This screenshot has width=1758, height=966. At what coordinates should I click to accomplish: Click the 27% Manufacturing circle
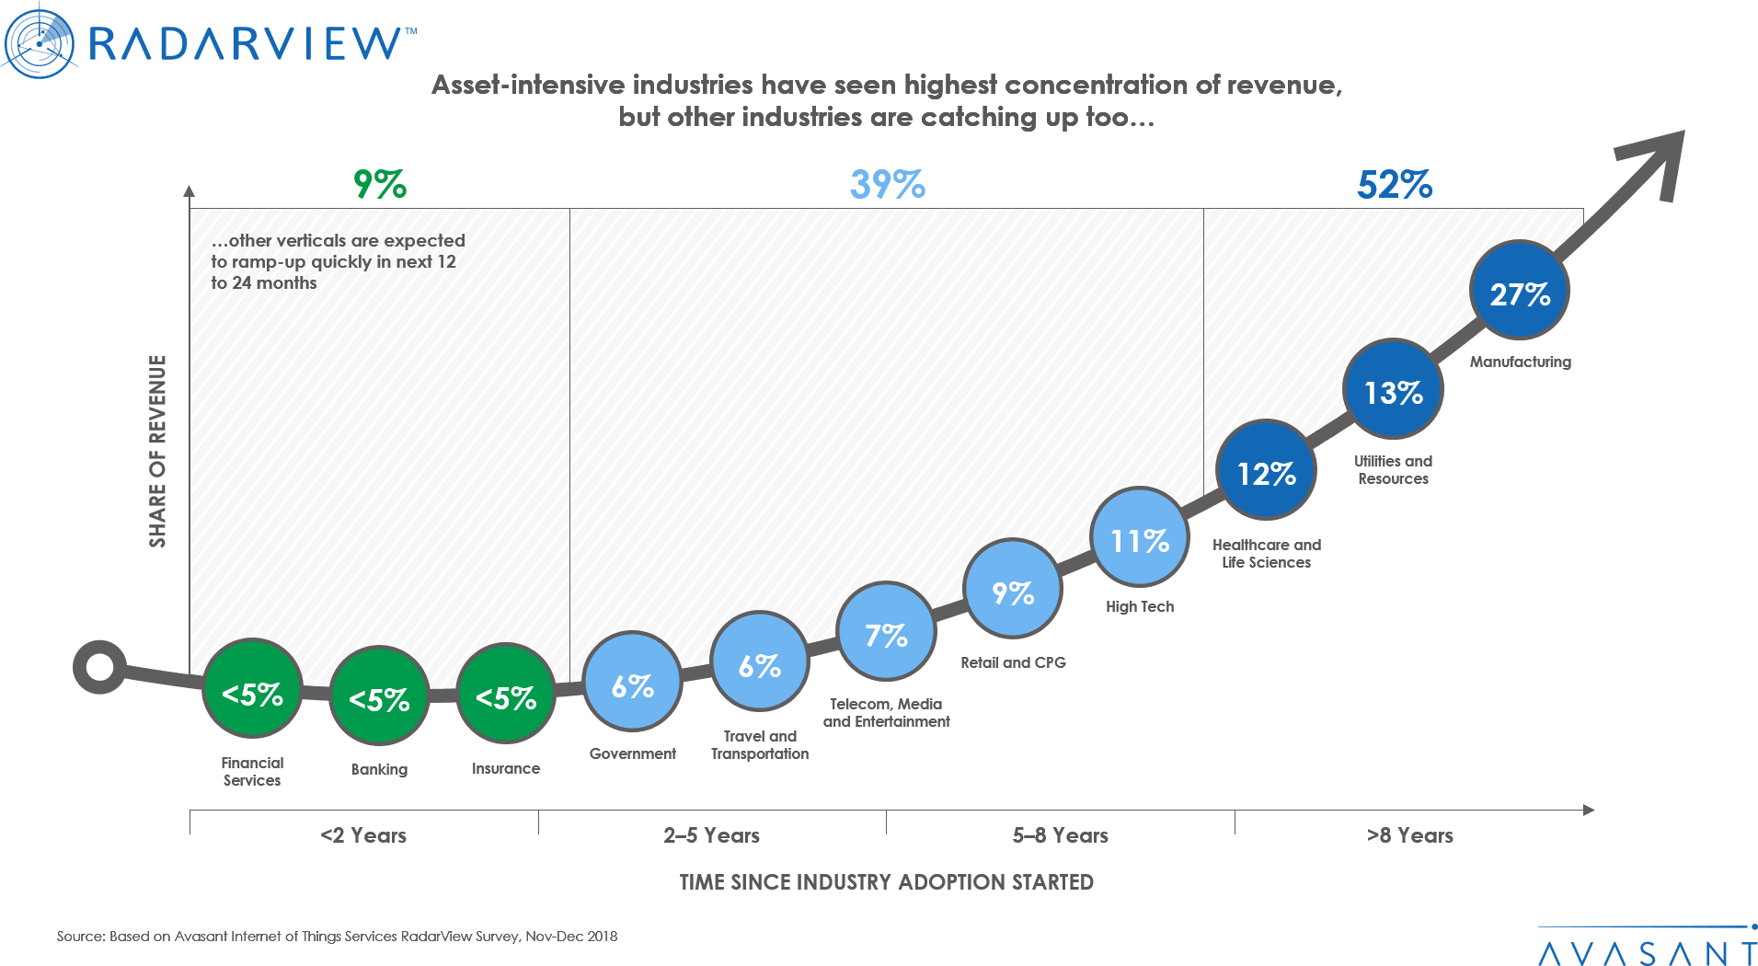coord(1520,292)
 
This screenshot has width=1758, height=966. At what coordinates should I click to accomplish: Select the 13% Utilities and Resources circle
coord(1393,390)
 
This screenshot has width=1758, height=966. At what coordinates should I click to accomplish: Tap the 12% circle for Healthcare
coord(1266,471)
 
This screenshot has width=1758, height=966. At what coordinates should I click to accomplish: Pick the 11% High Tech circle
coord(1139,538)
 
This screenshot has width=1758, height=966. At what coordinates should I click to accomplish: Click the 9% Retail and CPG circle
coord(1013,590)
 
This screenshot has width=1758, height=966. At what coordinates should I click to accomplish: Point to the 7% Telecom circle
coord(886,633)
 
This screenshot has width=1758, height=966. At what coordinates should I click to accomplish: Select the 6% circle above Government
coord(633,684)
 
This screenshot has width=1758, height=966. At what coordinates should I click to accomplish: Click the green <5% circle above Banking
coord(379,697)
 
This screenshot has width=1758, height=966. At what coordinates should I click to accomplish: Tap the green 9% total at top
coord(380,184)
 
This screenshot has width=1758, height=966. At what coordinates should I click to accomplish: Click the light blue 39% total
coord(887,184)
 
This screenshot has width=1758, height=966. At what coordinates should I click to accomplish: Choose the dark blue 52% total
coord(1395,184)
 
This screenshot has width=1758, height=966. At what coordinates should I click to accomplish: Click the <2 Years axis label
coord(363,835)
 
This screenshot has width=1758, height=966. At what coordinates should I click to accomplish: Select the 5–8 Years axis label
coord(1060,835)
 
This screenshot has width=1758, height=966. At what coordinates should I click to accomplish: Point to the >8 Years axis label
coord(1409,835)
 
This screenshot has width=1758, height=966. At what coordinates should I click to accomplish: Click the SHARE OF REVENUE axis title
coord(157,451)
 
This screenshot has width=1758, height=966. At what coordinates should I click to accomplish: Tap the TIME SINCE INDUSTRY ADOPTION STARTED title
coord(886,881)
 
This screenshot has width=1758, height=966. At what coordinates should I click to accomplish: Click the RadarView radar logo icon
coord(39,40)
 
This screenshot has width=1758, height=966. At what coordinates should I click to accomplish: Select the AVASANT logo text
coord(1647,951)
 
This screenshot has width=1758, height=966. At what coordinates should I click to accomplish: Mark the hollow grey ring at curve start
coord(99,666)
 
